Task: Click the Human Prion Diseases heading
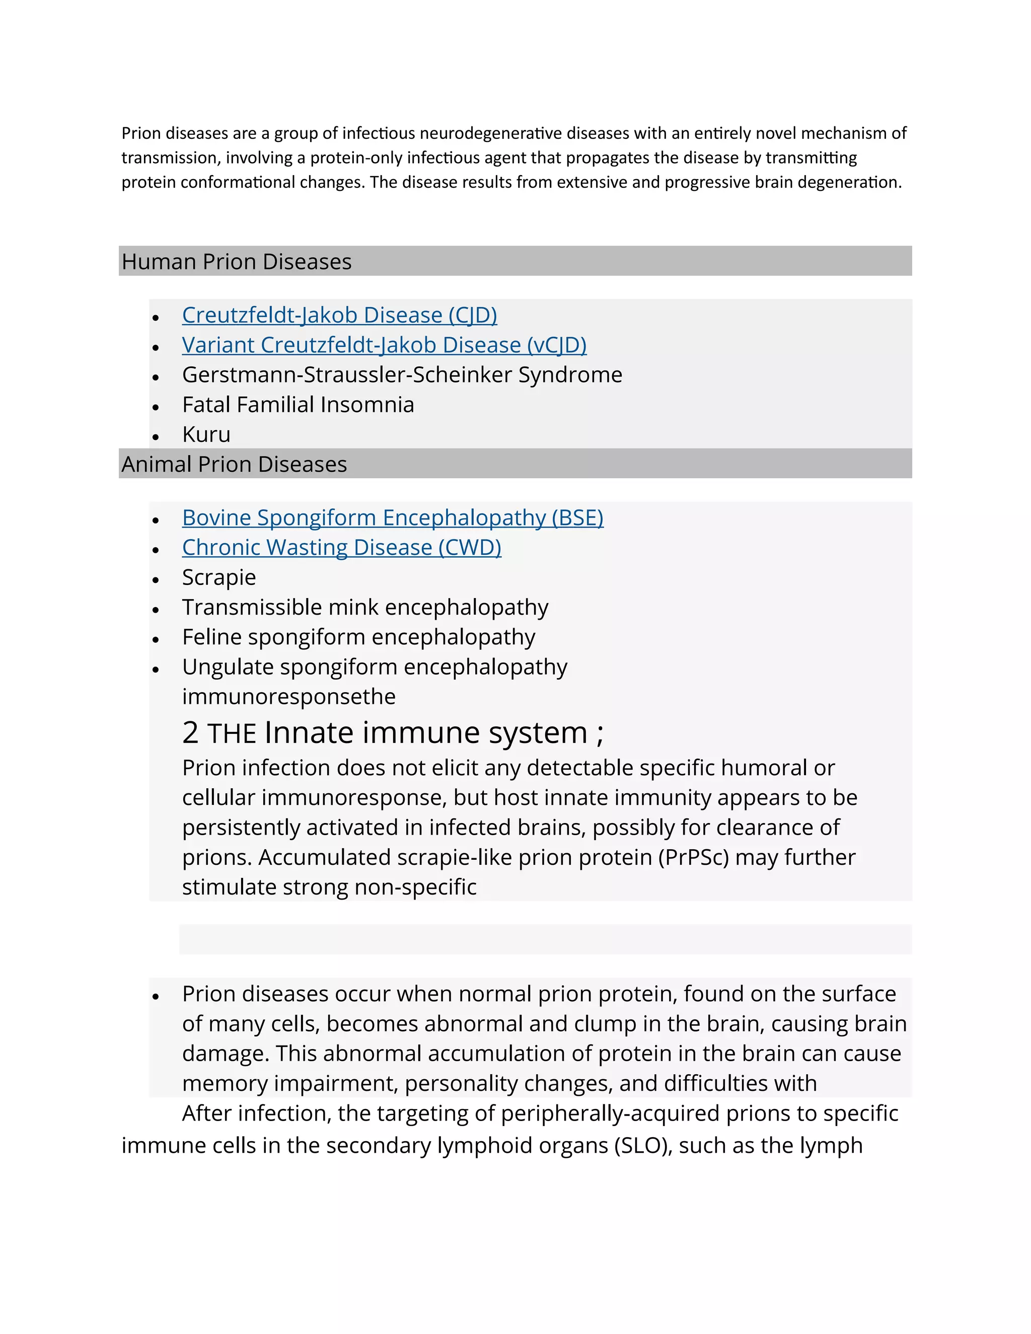pos(237,261)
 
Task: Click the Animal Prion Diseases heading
pos(234,464)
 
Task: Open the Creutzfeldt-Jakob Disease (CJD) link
pos(339,315)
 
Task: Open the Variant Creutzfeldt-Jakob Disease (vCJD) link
pos(384,345)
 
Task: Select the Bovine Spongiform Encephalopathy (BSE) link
pos(392,517)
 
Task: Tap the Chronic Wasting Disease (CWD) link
pos(341,547)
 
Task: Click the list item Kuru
pos(206,434)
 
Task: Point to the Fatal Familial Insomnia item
pos(298,404)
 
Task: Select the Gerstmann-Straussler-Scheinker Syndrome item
pos(402,375)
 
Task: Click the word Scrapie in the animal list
pos(218,577)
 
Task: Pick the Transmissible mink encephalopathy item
pos(364,607)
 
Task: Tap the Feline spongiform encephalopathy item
pos(358,637)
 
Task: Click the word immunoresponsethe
pos(288,696)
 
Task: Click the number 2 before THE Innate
pos(190,732)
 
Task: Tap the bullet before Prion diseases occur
pos(156,996)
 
